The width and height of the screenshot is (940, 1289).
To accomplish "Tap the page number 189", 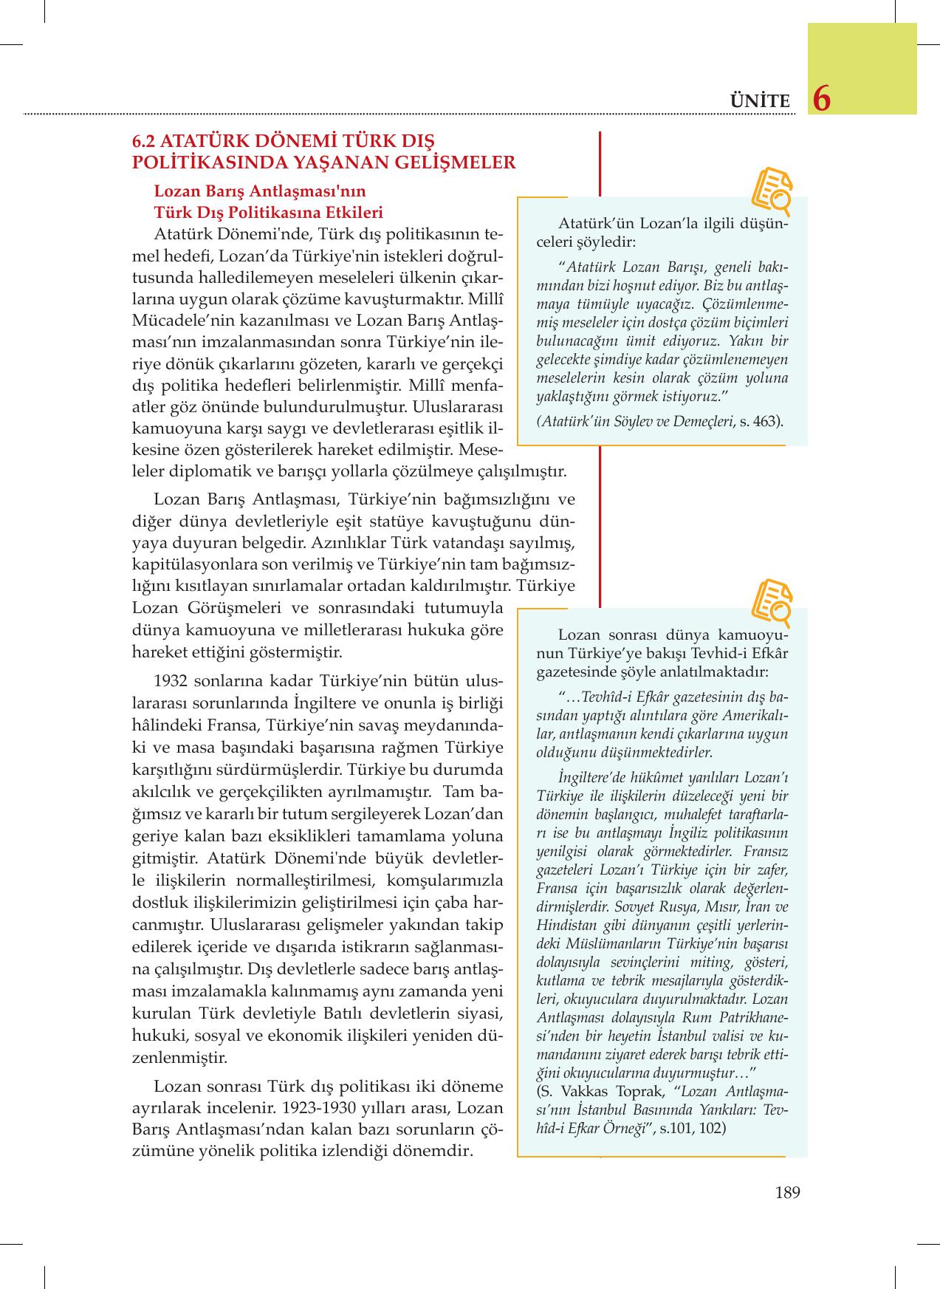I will point(788,1191).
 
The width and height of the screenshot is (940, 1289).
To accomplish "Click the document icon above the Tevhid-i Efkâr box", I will point(771,602).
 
